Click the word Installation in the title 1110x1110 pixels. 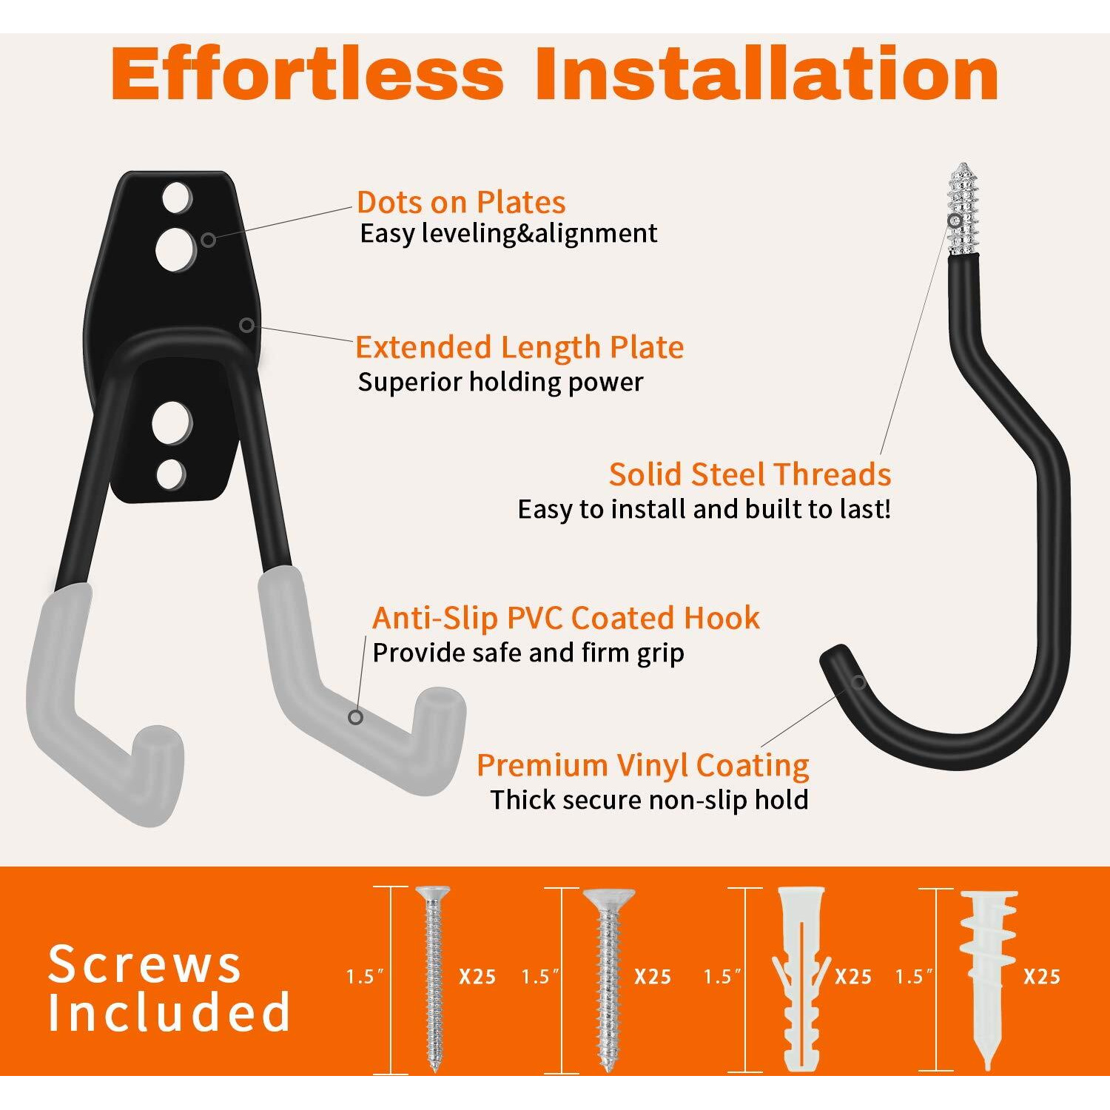click(x=767, y=74)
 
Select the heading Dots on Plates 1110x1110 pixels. click(x=461, y=202)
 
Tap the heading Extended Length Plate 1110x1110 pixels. click(x=519, y=347)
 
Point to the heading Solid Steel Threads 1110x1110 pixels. click(x=750, y=474)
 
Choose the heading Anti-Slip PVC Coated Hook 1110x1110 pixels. click(x=566, y=618)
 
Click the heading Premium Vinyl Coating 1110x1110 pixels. click(x=643, y=766)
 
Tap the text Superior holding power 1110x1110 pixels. click(x=501, y=382)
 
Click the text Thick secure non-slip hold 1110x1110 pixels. click(x=649, y=800)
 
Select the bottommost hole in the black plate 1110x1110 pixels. click(x=170, y=474)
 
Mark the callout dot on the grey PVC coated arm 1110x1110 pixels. click(x=356, y=717)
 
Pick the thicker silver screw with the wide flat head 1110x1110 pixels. click(x=608, y=980)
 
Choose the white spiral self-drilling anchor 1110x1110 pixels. click(x=988, y=980)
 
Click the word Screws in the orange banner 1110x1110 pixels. click(x=145, y=965)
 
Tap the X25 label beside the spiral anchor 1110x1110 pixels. click(x=1042, y=977)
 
